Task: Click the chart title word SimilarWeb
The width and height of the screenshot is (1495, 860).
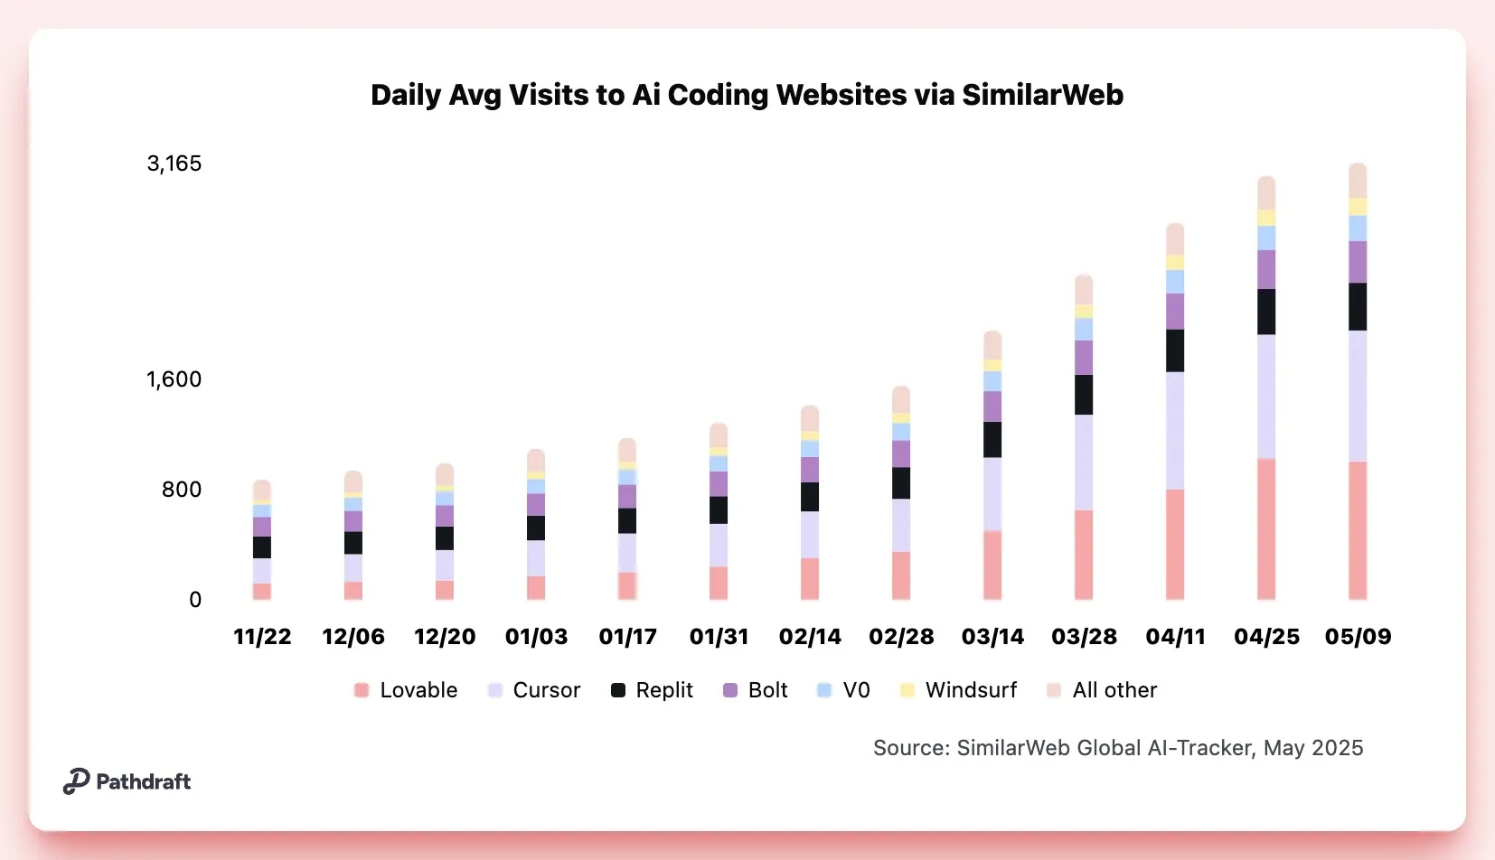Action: (1042, 95)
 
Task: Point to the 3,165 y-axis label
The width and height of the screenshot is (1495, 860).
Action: (174, 164)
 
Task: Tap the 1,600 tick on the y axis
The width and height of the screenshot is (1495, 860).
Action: (174, 379)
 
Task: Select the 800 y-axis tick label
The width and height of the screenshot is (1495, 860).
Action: (182, 490)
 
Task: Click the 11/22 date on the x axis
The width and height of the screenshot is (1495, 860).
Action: (262, 637)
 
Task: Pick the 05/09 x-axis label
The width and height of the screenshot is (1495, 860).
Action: (1358, 637)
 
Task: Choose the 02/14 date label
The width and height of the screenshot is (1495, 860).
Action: (810, 637)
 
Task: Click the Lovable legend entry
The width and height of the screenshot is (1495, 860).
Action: (406, 690)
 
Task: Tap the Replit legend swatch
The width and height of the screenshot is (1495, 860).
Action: (618, 690)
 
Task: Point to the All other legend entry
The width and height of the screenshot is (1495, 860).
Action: (1102, 690)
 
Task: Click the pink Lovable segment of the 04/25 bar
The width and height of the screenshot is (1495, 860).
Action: (1266, 528)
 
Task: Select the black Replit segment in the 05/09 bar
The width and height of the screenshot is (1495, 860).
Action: (1358, 307)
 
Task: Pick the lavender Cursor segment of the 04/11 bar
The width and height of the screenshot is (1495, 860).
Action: (1175, 430)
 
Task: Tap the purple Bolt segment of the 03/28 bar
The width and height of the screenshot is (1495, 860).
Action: (1084, 358)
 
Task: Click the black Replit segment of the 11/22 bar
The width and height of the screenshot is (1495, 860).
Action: (262, 547)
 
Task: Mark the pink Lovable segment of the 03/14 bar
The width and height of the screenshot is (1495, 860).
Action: (992, 565)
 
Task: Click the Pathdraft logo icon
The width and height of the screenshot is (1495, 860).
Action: (76, 781)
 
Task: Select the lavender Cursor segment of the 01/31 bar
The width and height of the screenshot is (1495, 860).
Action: (719, 545)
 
